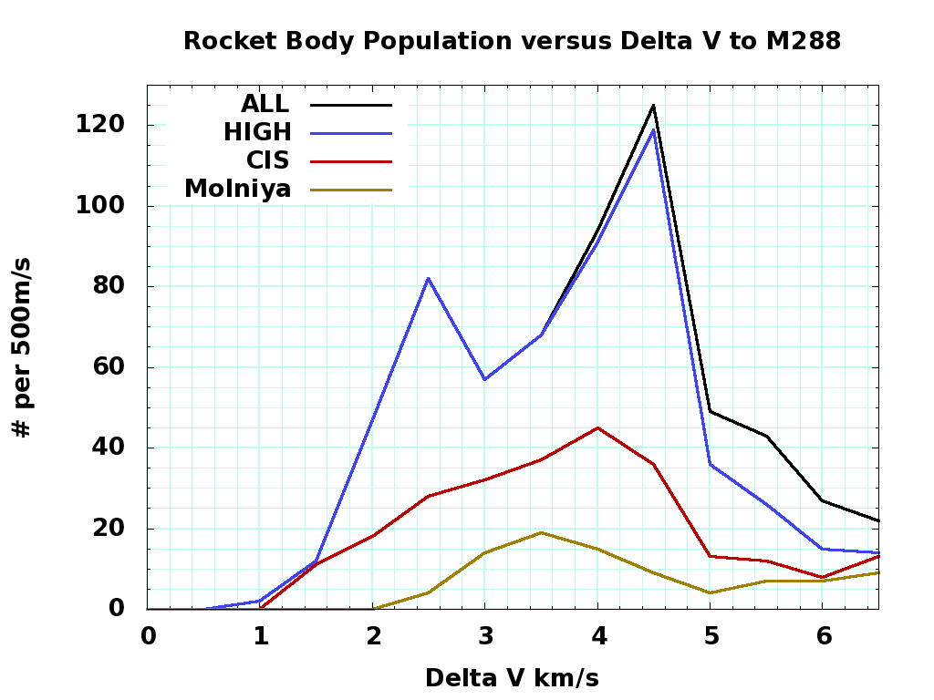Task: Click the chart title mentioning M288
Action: (512, 41)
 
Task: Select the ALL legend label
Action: (265, 104)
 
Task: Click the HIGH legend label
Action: (257, 132)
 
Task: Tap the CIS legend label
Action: (267, 160)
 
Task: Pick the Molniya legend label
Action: (237, 189)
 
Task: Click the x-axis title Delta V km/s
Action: (512, 678)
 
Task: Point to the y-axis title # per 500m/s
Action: (23, 347)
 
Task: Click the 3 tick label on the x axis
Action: (485, 635)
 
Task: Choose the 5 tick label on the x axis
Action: (711, 635)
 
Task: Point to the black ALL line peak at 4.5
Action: (653, 106)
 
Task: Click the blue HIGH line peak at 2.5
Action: (428, 278)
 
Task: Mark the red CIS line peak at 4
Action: (597, 427)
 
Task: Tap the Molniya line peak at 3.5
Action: (541, 532)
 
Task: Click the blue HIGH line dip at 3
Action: (484, 379)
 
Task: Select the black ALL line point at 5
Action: (710, 411)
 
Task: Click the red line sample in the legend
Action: (351, 160)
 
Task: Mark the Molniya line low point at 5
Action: (710, 592)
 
